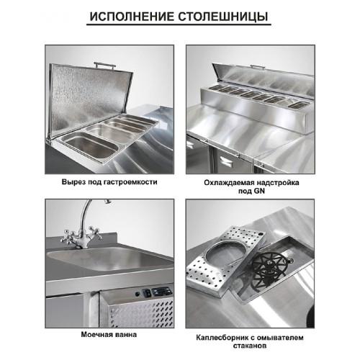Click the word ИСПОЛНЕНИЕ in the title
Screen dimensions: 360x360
[x=135, y=15]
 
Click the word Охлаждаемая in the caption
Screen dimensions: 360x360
[x=228, y=183]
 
